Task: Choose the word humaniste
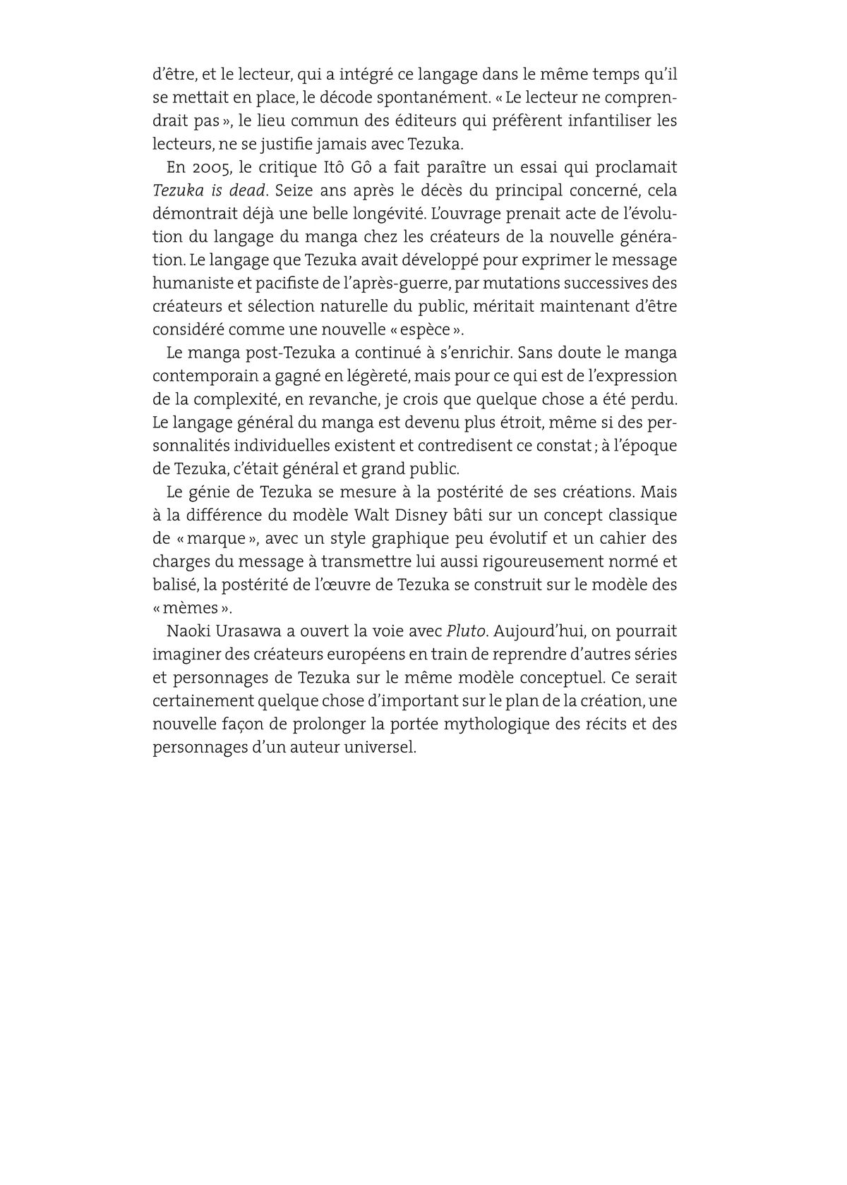188,284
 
